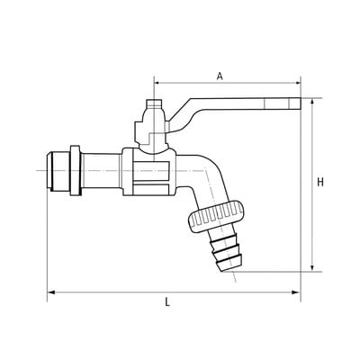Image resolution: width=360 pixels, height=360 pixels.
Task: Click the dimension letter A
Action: [220, 76]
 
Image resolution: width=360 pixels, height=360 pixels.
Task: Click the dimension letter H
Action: [320, 182]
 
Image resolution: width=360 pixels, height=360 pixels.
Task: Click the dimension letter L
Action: [167, 301]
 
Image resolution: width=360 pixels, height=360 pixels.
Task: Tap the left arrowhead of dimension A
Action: [157, 83]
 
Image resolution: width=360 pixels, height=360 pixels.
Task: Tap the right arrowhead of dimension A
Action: [297, 83]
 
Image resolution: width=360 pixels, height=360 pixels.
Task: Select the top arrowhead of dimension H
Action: [312, 102]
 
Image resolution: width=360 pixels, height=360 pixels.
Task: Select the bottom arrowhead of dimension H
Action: [312, 268]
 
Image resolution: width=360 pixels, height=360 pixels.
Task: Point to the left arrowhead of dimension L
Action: [50, 292]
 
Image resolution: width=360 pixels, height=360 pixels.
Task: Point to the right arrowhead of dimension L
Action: [297, 292]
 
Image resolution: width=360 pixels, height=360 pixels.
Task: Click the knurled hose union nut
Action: [216, 217]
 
